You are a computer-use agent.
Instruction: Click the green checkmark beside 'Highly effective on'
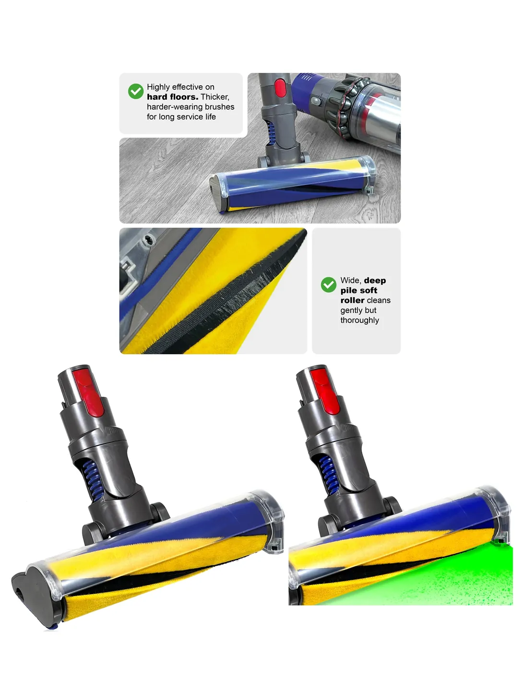pos(135,91)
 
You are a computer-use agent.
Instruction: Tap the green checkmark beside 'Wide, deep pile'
pos(328,285)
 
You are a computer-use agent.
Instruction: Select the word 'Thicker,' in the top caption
pos(215,97)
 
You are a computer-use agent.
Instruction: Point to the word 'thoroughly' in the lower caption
pos(359,320)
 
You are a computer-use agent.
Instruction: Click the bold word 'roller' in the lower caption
pos(352,300)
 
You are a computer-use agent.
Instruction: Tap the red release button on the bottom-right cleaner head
pos(325,391)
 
